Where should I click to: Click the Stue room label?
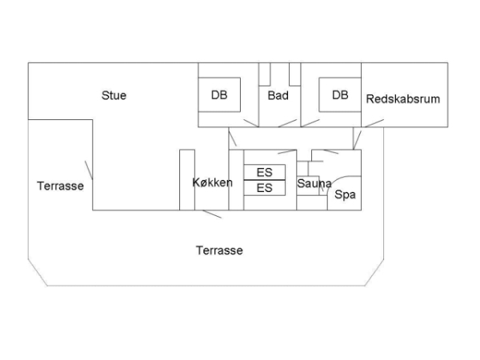[114, 95]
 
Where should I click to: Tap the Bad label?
[278, 95]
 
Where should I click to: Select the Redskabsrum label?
[403, 99]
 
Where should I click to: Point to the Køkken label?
[213, 182]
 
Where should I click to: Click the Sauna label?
[314, 183]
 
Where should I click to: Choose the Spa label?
[345, 194]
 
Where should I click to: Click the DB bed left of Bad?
[219, 95]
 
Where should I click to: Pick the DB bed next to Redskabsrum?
[340, 95]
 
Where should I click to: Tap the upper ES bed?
[265, 172]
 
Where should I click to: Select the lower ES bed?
[265, 188]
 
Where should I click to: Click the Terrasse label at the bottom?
[219, 250]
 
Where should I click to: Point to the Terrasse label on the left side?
[60, 186]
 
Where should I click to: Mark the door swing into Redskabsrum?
[374, 123]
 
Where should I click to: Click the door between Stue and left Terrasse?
[89, 170]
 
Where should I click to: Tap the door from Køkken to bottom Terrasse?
[212, 214]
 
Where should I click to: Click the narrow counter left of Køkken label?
[187, 180]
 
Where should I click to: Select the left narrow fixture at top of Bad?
[265, 74]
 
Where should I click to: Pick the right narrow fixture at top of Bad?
[294, 74]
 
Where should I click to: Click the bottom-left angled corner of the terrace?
[38, 273]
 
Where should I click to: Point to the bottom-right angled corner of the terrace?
[374, 273]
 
